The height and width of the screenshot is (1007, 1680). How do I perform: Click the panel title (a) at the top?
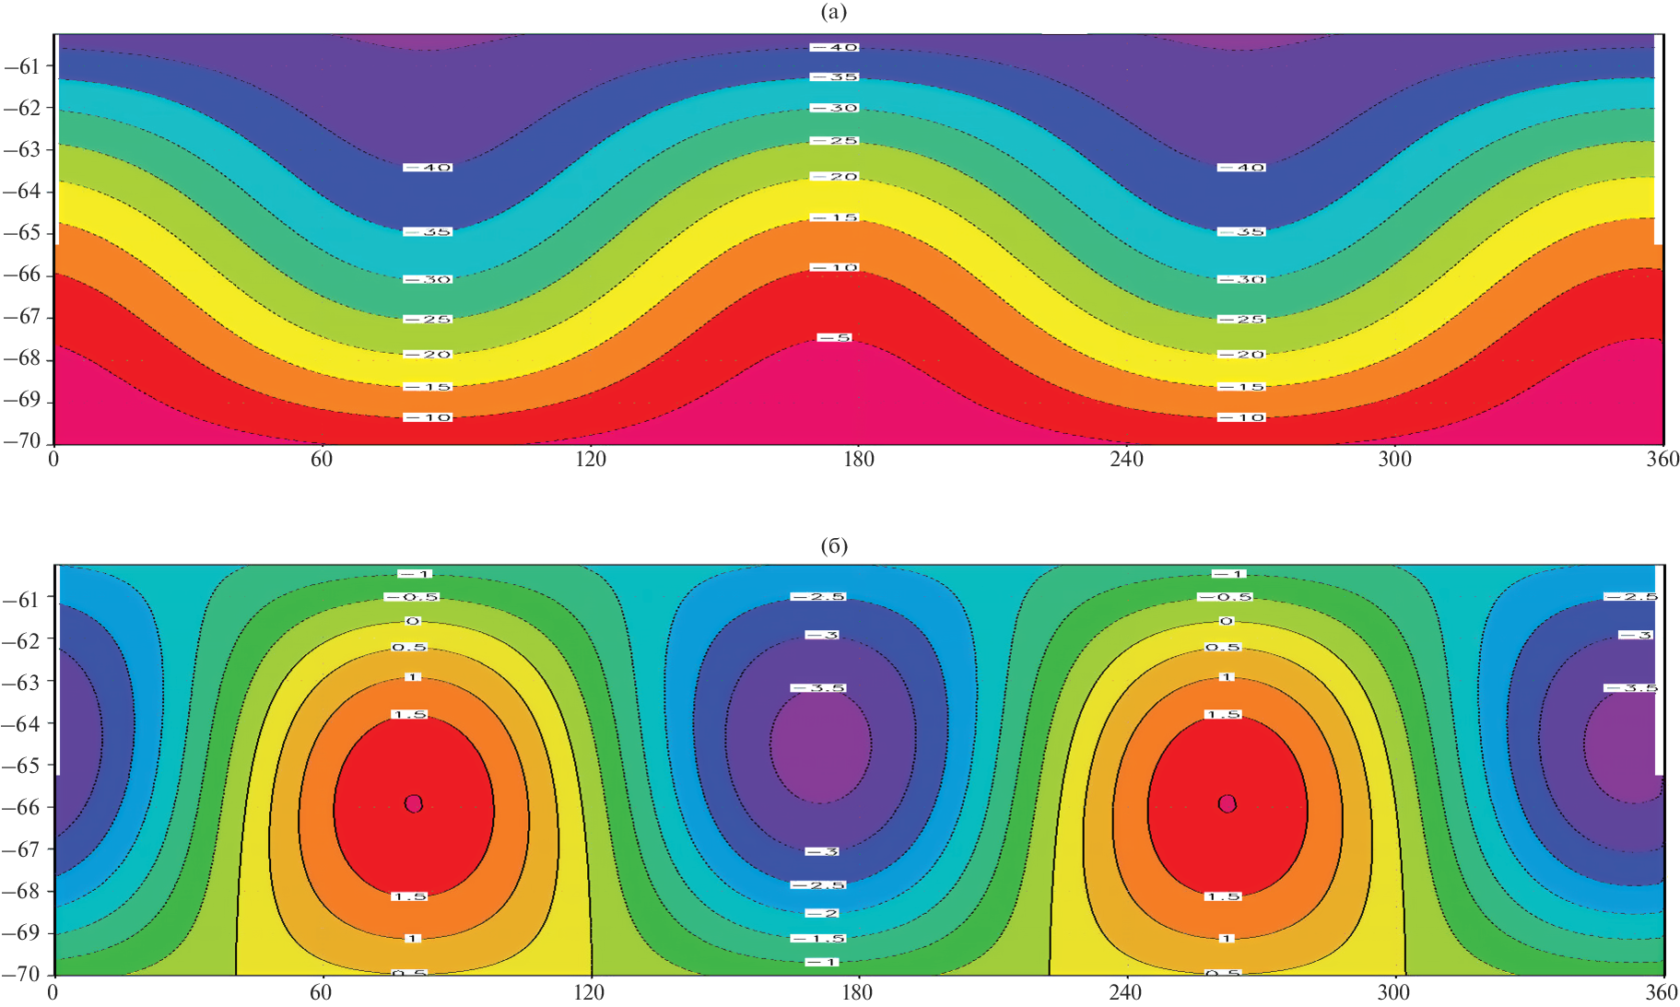pyautogui.click(x=833, y=12)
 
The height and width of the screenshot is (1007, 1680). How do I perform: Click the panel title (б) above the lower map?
pyautogui.click(x=833, y=546)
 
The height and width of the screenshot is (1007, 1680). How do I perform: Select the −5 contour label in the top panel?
pyautogui.click(x=834, y=338)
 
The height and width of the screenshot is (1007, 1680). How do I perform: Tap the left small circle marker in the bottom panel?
pyautogui.click(x=414, y=803)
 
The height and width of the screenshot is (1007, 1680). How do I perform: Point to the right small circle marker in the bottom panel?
pyautogui.click(x=1227, y=803)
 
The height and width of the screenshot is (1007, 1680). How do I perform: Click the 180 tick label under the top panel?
pyautogui.click(x=858, y=459)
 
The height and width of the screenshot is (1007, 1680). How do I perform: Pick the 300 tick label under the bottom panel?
pyautogui.click(x=1392, y=992)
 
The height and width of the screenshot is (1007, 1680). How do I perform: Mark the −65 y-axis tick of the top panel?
pyautogui.click(x=23, y=232)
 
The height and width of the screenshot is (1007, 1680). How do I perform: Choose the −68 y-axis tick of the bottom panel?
pyautogui.click(x=23, y=890)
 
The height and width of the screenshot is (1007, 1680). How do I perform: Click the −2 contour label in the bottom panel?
pyautogui.click(x=821, y=913)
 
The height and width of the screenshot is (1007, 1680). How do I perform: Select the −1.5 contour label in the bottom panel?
pyautogui.click(x=818, y=938)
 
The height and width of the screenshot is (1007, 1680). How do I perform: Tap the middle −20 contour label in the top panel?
pyautogui.click(x=834, y=176)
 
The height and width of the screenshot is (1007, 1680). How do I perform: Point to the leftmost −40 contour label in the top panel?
pyautogui.click(x=428, y=168)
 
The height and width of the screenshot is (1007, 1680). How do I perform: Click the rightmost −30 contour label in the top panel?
pyautogui.click(x=1241, y=279)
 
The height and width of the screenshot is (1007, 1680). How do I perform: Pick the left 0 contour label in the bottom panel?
pyautogui.click(x=413, y=621)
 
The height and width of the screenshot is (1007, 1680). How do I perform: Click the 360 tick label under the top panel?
pyautogui.click(x=1662, y=459)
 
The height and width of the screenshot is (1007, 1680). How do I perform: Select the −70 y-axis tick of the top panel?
pyautogui.click(x=23, y=440)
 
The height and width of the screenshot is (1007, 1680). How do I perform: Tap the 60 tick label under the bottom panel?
pyautogui.click(x=321, y=992)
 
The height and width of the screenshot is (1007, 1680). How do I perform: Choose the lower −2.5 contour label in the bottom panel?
pyautogui.click(x=818, y=885)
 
